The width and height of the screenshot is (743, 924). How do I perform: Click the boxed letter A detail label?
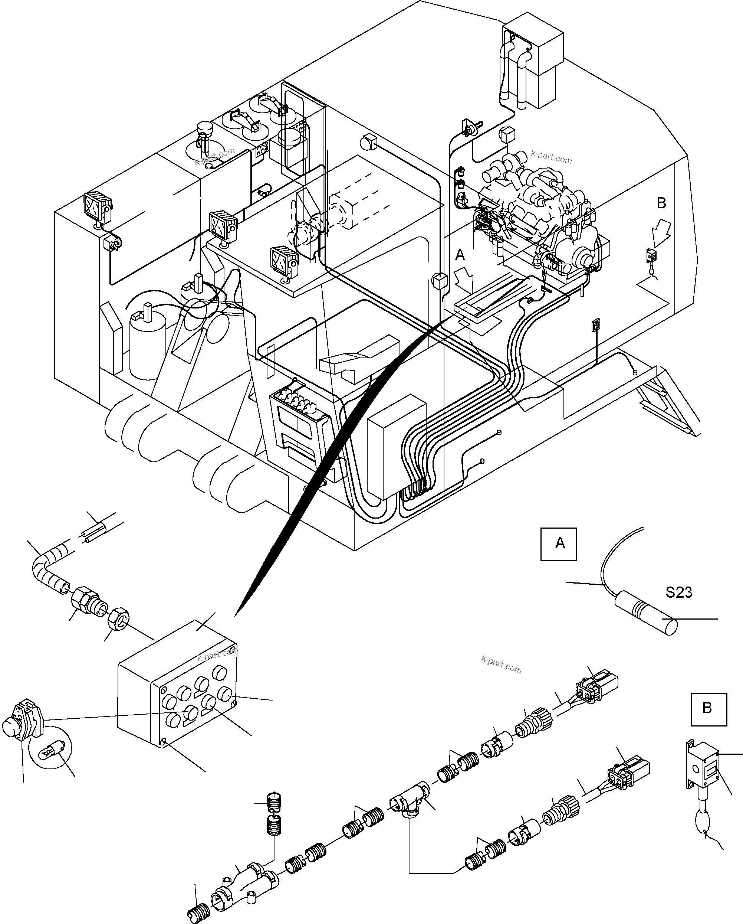(558, 544)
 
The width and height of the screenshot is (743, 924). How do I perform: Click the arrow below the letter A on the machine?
(467, 281)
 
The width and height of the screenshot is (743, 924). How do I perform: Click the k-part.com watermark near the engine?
(551, 157)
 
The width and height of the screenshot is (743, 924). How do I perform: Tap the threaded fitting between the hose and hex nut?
(88, 603)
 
